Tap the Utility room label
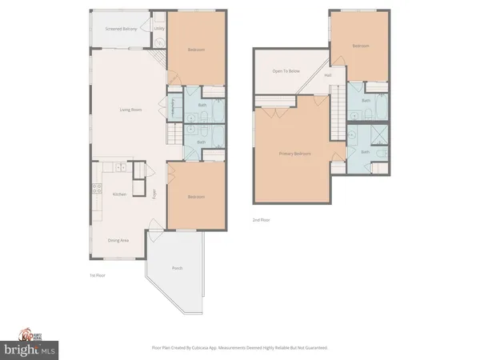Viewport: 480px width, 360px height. click(x=159, y=29)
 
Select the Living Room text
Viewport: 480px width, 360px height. click(x=131, y=110)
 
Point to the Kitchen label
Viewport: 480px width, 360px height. click(x=119, y=194)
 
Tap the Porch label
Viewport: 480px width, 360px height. click(x=177, y=268)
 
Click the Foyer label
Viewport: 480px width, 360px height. click(x=155, y=193)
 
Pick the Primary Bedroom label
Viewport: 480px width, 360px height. click(x=296, y=154)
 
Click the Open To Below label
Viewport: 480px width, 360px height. click(x=285, y=71)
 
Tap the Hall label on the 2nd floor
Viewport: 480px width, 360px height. click(x=328, y=76)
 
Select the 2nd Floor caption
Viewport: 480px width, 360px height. click(x=260, y=219)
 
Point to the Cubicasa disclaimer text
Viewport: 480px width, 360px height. click(x=240, y=348)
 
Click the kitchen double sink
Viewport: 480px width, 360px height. click(x=119, y=168)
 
